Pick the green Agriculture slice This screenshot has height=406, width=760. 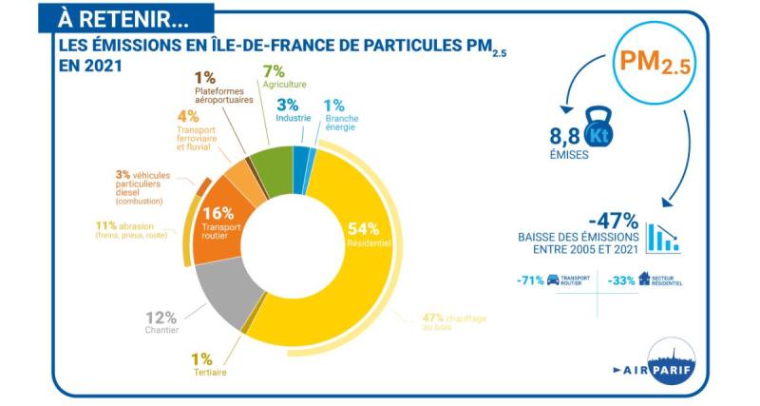[x=272, y=167]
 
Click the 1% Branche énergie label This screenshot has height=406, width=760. [x=338, y=114]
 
